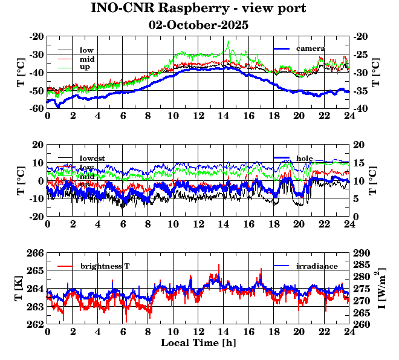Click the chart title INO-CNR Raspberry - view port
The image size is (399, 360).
[198, 8]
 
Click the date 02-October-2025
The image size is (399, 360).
[198, 25]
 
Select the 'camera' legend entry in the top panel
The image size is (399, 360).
[311, 48]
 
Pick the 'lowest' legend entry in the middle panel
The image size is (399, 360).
[92, 159]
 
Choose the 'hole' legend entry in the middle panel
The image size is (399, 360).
[305, 158]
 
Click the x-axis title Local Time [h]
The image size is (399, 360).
[198, 343]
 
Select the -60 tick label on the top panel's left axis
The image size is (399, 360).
[36, 108]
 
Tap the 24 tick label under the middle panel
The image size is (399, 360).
[349, 223]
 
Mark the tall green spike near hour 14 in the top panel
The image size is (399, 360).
[229, 42]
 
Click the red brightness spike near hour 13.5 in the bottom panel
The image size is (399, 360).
[218, 265]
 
